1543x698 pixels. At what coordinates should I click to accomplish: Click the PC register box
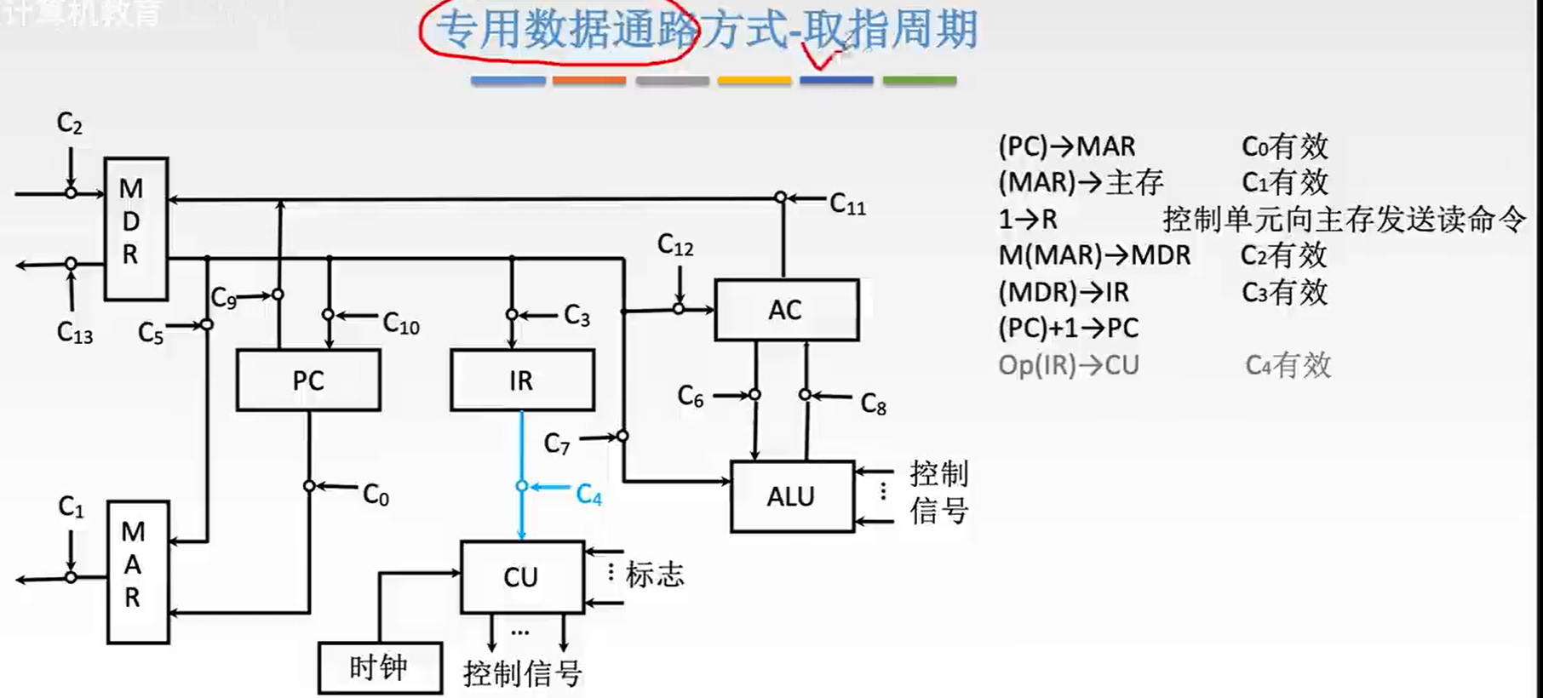(x=308, y=380)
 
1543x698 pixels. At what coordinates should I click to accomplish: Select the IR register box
(x=521, y=380)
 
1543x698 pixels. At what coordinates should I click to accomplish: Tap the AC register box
(x=786, y=310)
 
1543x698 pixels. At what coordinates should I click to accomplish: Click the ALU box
(x=791, y=496)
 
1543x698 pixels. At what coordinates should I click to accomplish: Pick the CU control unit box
(x=521, y=576)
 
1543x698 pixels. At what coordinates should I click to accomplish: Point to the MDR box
(x=135, y=228)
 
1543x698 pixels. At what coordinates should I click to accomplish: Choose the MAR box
(x=137, y=571)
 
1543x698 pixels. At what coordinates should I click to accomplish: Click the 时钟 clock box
(x=379, y=667)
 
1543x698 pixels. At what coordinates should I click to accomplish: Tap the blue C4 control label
(x=588, y=495)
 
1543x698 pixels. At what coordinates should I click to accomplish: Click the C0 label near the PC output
(x=376, y=495)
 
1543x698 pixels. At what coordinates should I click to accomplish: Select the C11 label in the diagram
(x=847, y=204)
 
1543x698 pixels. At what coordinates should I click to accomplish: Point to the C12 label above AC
(x=675, y=246)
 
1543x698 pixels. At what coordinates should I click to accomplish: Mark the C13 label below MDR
(x=75, y=333)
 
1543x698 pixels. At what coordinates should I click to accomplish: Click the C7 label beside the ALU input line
(x=557, y=443)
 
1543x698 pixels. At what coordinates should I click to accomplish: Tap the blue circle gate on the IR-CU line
(x=522, y=486)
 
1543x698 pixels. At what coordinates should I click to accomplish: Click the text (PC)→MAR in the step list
(x=1066, y=146)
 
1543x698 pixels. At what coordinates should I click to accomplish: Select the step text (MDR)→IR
(x=1063, y=293)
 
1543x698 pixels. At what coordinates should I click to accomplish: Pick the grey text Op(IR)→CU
(x=1068, y=365)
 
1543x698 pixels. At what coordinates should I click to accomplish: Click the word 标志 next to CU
(x=655, y=575)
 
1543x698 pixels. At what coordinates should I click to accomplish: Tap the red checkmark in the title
(x=819, y=58)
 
